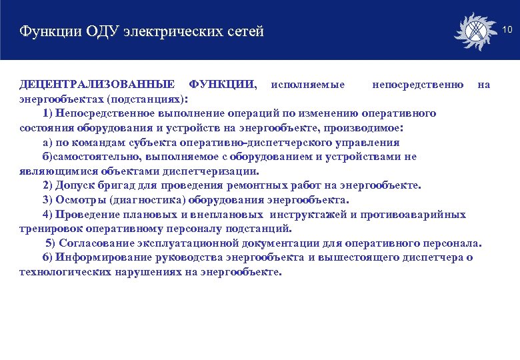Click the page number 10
(507, 30)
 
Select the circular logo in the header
(475, 31)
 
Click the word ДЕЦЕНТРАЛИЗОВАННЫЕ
(97, 85)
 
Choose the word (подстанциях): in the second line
(147, 99)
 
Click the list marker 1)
(48, 113)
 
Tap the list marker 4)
(48, 214)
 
